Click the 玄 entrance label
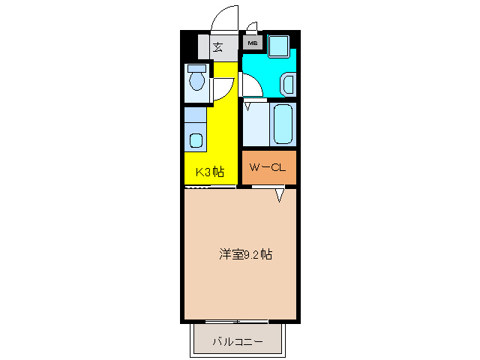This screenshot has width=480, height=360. pos(217,47)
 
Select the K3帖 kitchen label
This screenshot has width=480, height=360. pos(210,172)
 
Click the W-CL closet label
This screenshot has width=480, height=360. pos(268,167)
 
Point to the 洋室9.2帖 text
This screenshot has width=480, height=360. pos(245,254)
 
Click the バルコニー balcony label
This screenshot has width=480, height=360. pos(237,342)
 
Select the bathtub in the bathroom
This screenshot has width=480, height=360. pos(283,123)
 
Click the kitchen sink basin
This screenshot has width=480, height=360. pos(196,140)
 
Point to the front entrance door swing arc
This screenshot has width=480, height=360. pos(223,19)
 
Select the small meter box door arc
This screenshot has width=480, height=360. pos(252,27)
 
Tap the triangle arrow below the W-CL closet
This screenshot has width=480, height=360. pos(280,195)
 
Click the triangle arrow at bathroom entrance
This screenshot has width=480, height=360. pos(247,106)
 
